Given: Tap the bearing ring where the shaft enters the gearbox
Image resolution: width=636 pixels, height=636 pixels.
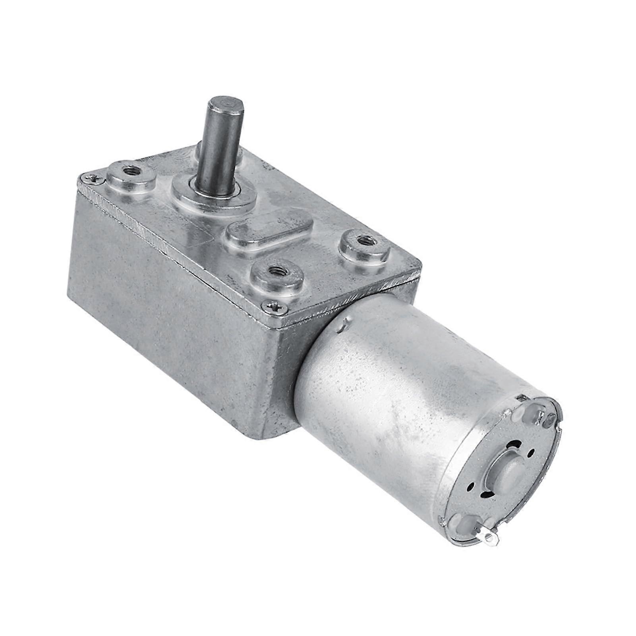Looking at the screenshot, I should pyautogui.click(x=212, y=194).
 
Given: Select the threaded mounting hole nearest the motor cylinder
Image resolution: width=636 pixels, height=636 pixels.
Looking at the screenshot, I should pyautogui.click(x=362, y=241).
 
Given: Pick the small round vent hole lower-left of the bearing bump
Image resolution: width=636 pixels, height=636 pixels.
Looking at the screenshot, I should pyautogui.click(x=472, y=486).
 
